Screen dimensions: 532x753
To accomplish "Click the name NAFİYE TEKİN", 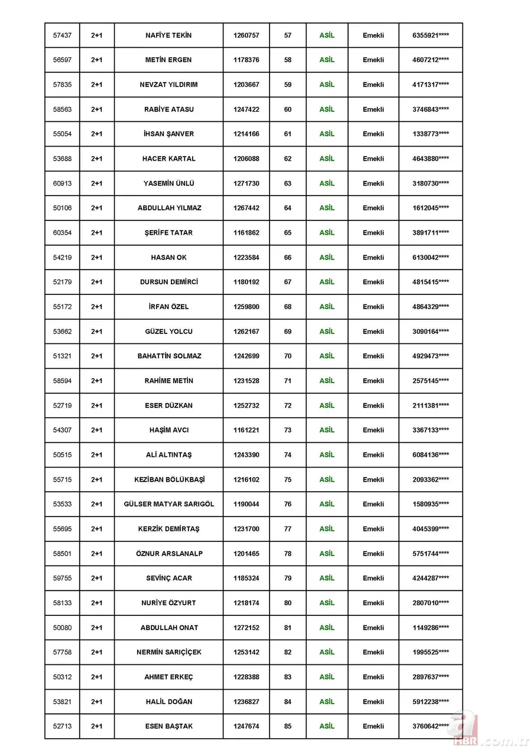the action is point(168,35).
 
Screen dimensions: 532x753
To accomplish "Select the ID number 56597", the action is point(62,60).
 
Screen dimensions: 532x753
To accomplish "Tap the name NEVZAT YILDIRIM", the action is point(168,85).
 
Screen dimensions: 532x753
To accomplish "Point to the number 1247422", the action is point(246,109).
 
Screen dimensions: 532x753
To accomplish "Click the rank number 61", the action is point(288,134).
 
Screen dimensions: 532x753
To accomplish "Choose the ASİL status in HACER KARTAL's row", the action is point(327,158).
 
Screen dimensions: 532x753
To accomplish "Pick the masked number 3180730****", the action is point(430,183).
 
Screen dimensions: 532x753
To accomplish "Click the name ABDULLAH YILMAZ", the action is point(169,208).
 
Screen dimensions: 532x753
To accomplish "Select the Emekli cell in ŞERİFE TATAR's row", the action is point(373,233).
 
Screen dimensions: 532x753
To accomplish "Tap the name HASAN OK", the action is point(168,258).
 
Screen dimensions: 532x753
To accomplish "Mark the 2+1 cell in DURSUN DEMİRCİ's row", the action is point(96,282).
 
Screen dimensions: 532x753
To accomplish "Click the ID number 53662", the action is point(62,332).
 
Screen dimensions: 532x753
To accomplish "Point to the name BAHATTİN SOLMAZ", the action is point(169,356).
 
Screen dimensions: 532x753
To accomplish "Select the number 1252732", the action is point(246,405).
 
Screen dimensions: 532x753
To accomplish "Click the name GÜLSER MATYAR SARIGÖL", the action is point(169,504).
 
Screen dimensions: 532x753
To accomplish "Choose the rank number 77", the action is point(288,529).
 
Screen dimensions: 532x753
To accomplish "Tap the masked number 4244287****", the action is point(430,578).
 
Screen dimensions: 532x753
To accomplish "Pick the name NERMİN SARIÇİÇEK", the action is point(169,652).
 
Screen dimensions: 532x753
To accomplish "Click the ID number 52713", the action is point(62,726).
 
